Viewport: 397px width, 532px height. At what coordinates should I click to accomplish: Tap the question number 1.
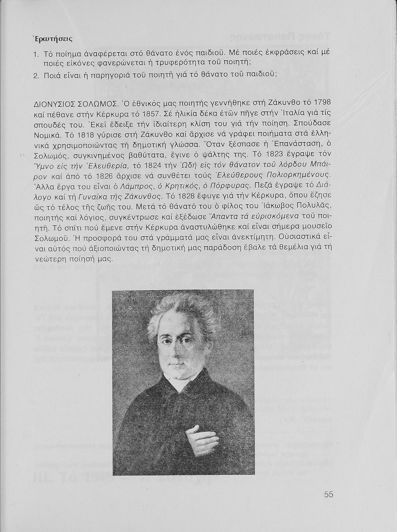36,54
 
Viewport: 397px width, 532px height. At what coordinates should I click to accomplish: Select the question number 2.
36,75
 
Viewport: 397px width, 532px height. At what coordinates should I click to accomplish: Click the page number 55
328,494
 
